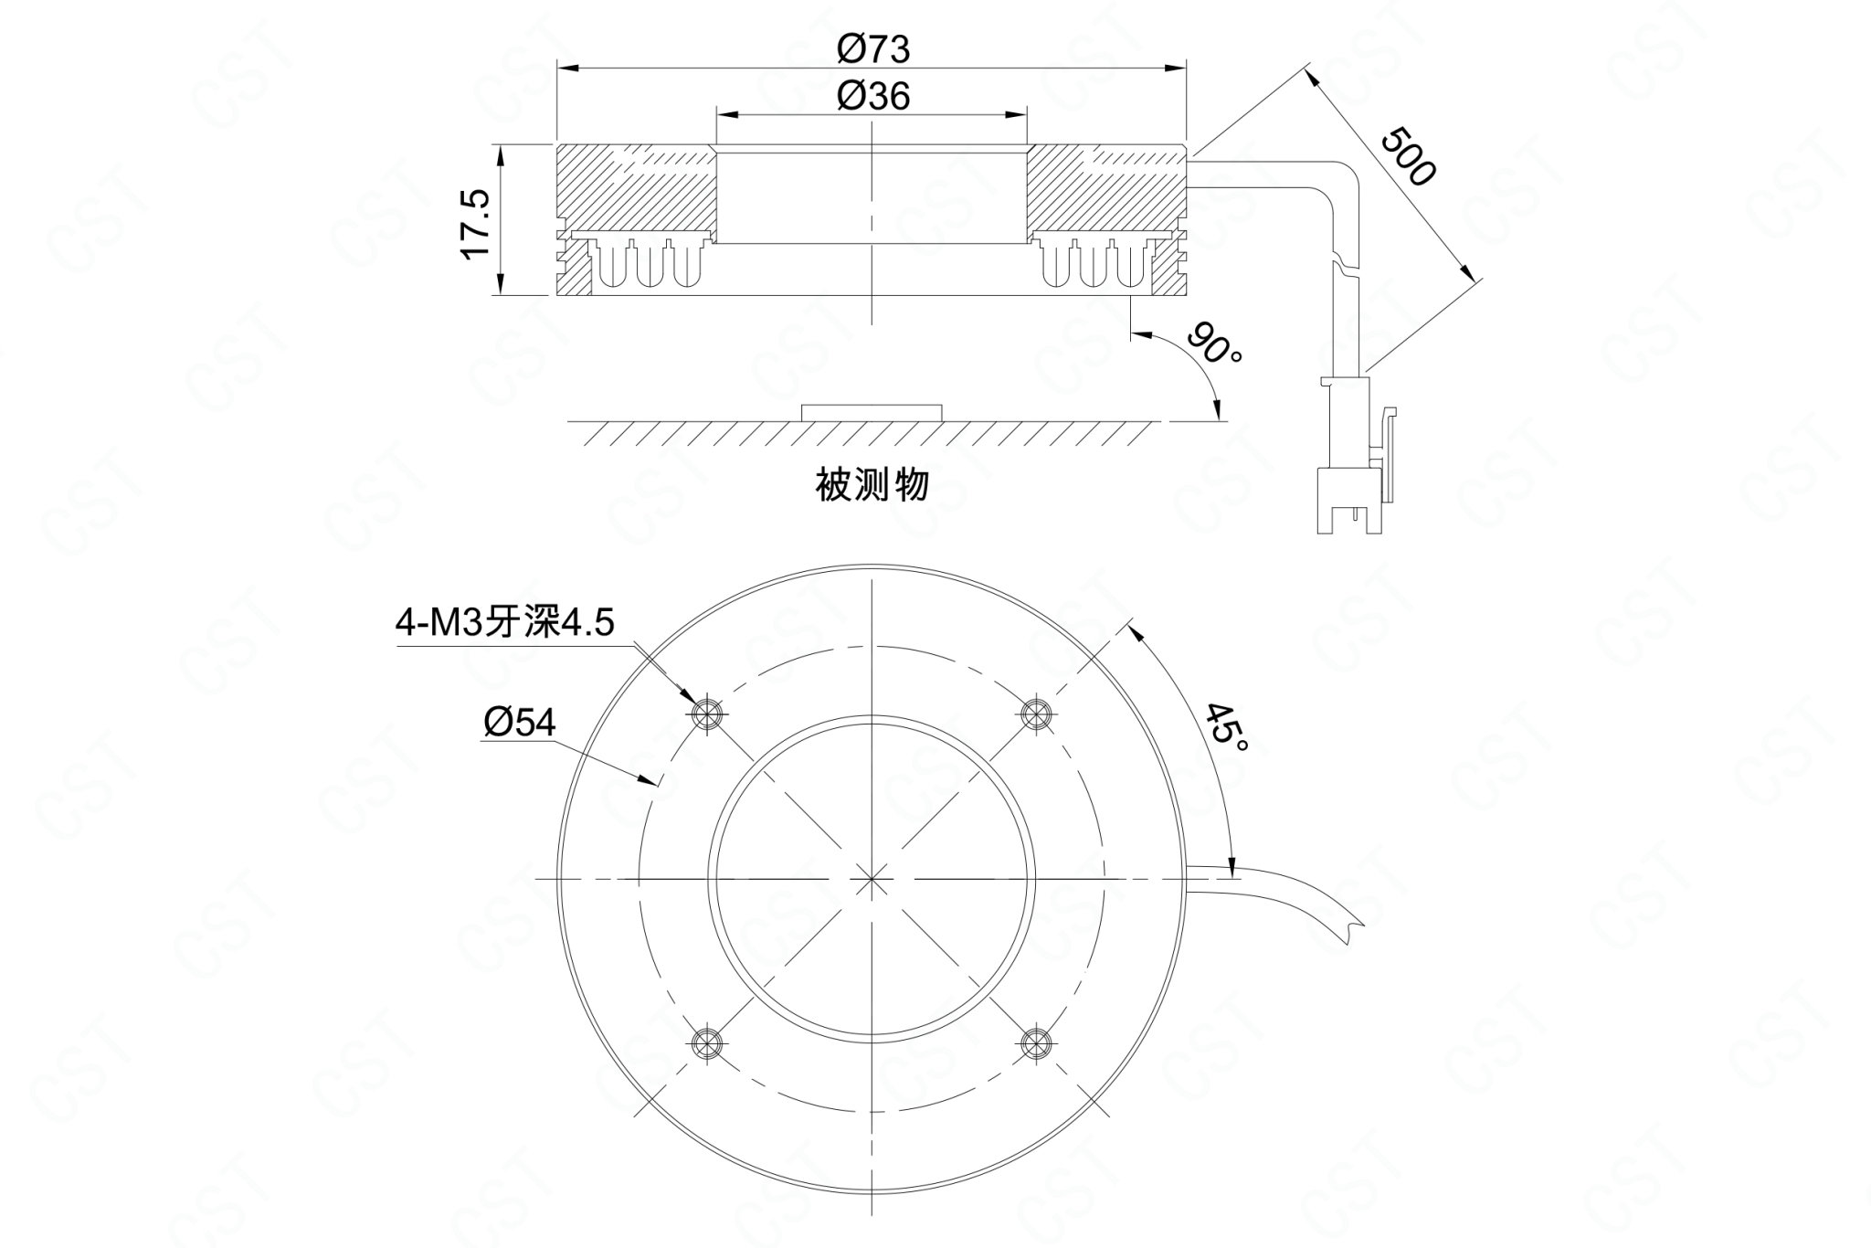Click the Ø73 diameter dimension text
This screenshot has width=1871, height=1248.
pos(873,48)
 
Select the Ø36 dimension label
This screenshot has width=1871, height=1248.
pos(873,95)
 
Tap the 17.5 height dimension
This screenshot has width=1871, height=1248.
pos(477,225)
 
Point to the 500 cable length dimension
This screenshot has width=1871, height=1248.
pos(1408,156)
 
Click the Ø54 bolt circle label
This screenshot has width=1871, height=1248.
pos(519,723)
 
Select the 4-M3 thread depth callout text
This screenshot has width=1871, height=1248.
pos(504,623)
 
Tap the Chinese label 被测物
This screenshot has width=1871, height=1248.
pos(872,484)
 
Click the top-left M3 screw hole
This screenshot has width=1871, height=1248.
pos(707,713)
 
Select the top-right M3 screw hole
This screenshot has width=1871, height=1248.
pos(1036,713)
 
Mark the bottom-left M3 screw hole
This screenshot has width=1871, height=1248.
pos(707,1042)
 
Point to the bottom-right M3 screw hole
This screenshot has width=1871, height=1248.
pos(1036,1042)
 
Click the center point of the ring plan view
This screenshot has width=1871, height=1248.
pos(872,878)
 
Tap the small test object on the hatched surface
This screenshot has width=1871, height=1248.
pos(872,411)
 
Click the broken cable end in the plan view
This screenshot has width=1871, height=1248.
pos(1352,933)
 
